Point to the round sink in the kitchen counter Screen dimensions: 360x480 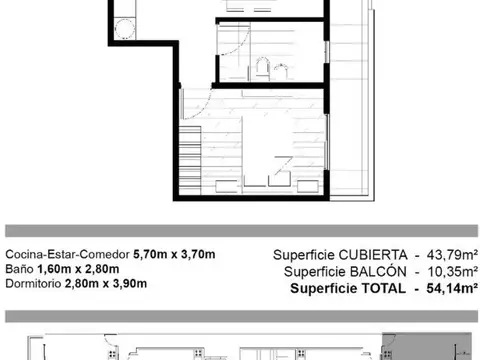pos(127,28)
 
